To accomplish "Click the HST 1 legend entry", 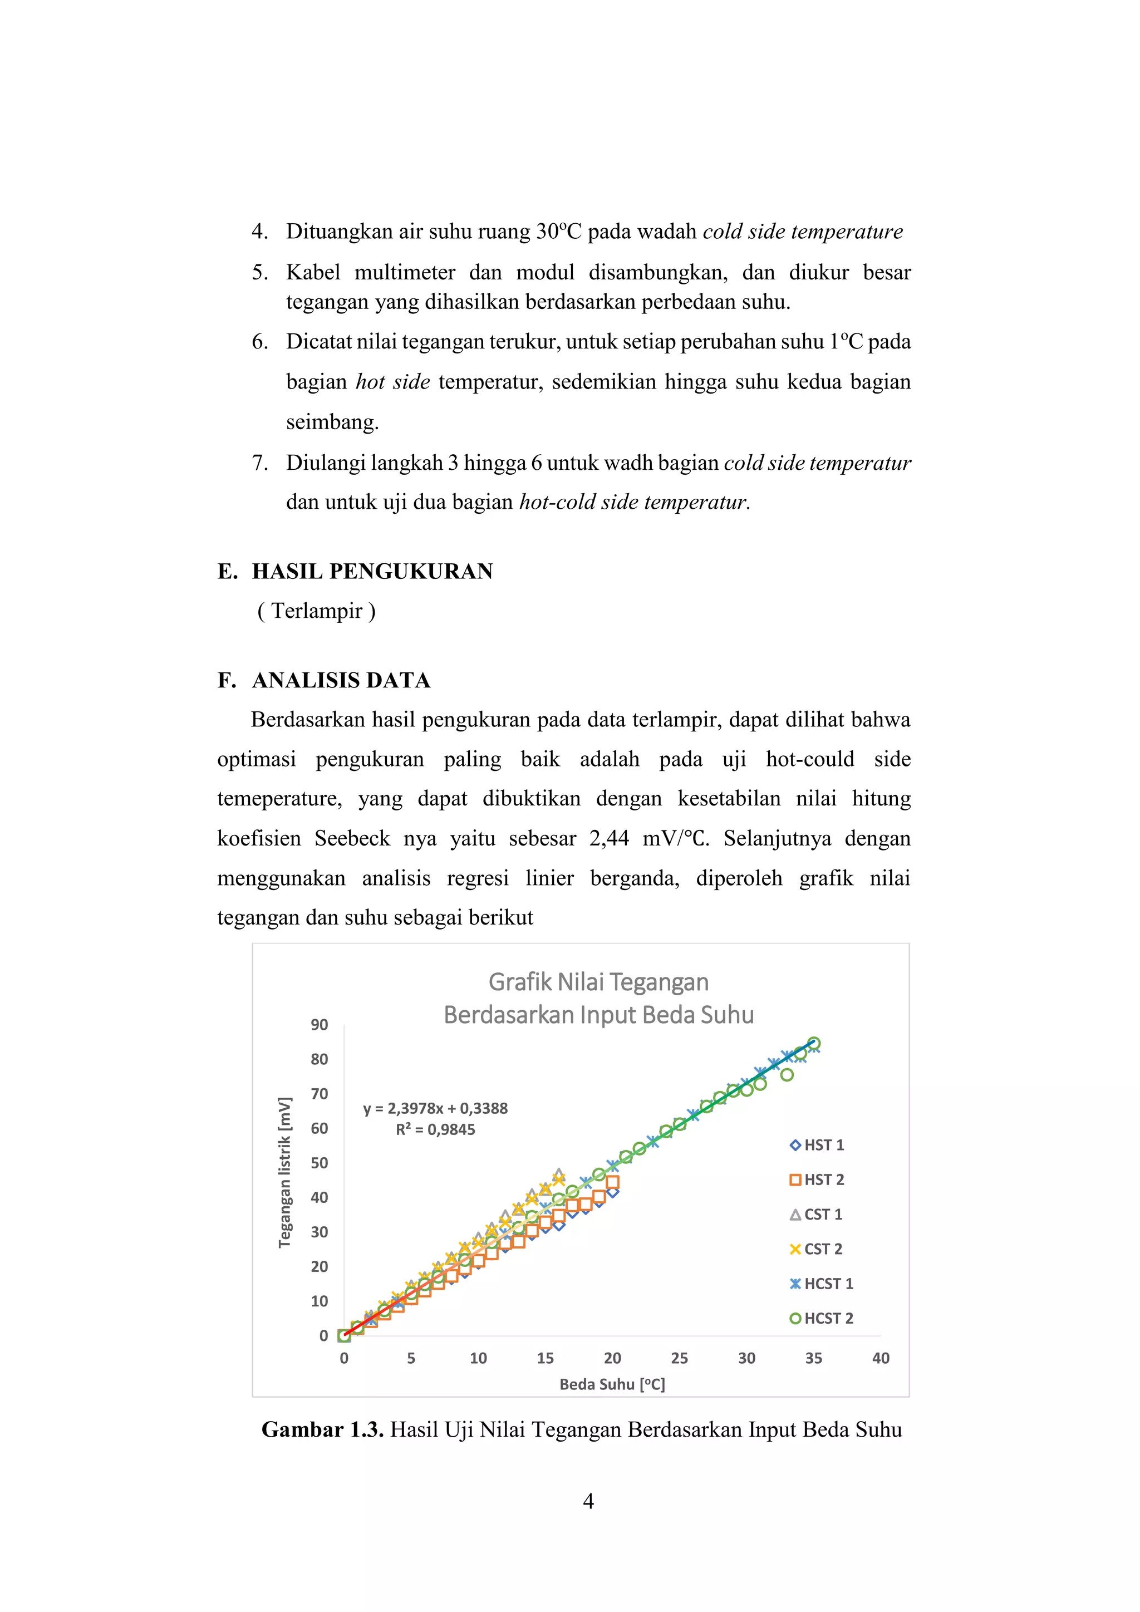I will click(817, 1145).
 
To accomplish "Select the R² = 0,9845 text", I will click(435, 1129).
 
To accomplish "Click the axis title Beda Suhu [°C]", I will click(612, 1384).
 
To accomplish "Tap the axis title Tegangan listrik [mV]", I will click(284, 1172).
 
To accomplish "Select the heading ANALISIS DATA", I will click(341, 680).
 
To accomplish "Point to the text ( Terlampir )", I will click(317, 611).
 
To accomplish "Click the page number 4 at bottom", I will click(588, 1501).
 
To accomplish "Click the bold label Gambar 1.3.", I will click(322, 1429).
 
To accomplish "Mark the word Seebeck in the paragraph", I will click(352, 838).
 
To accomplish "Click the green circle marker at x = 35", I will click(814, 1043).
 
